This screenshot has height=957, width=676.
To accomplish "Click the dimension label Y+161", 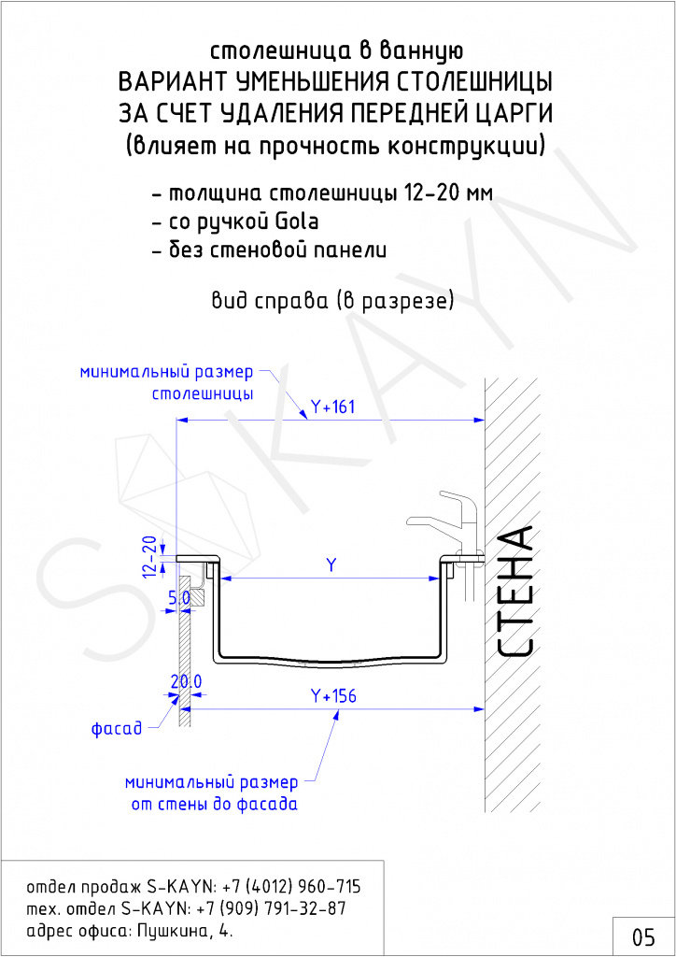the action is (x=332, y=407).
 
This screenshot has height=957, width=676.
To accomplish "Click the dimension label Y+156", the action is (x=333, y=695).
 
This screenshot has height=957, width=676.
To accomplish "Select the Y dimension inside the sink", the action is (x=331, y=565).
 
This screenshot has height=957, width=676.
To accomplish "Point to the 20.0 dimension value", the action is (x=186, y=681).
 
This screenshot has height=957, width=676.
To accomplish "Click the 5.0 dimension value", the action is (x=179, y=598).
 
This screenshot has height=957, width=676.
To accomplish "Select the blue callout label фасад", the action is (x=117, y=728).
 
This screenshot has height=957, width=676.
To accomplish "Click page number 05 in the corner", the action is (x=643, y=936).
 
